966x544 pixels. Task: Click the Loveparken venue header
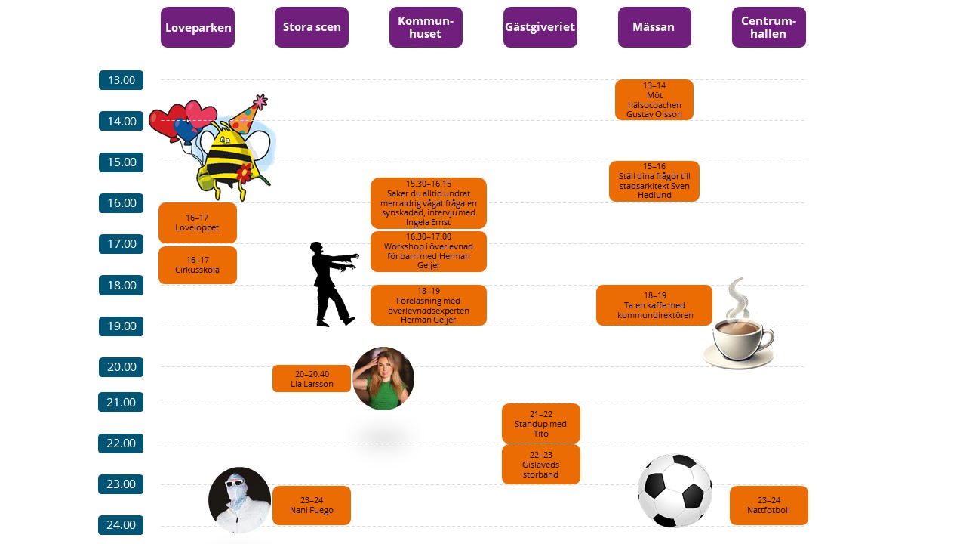(x=197, y=27)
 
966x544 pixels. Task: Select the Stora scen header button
(x=312, y=27)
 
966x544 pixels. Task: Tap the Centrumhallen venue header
(x=768, y=27)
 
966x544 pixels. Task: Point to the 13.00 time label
(x=121, y=80)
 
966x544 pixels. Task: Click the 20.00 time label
(x=121, y=367)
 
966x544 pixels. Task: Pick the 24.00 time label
(x=121, y=525)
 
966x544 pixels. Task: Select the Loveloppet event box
(x=198, y=223)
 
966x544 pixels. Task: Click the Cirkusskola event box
(x=198, y=265)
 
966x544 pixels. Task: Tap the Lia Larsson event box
(x=312, y=379)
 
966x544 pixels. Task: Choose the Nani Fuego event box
(x=312, y=505)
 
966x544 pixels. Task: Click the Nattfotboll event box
(x=768, y=505)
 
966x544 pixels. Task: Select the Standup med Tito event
(x=540, y=423)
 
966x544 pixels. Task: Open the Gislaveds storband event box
(x=540, y=464)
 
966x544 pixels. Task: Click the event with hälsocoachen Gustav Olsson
(x=654, y=100)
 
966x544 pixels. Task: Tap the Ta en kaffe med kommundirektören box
(x=654, y=305)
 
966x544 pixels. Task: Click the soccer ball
(x=675, y=491)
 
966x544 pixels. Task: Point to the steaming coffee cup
(x=737, y=332)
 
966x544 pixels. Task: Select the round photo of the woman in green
(x=383, y=379)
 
